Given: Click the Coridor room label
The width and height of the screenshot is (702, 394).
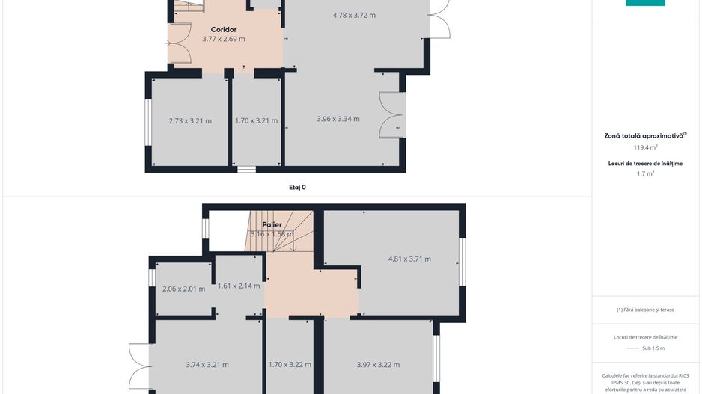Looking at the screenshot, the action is click(x=224, y=29).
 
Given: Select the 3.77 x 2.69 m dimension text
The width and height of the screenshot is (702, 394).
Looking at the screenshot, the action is click(x=224, y=39).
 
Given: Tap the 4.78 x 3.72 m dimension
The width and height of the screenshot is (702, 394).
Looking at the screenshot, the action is click(x=354, y=15).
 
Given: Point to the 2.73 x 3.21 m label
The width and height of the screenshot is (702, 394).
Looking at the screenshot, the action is click(x=190, y=121).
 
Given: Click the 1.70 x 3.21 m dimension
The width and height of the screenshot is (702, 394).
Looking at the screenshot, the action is click(x=256, y=121).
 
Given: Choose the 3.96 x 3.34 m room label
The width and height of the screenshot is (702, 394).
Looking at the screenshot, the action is click(x=338, y=119).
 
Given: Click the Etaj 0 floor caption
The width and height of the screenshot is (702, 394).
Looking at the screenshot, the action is click(x=297, y=188).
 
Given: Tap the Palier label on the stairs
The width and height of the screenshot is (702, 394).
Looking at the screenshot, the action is click(x=272, y=224).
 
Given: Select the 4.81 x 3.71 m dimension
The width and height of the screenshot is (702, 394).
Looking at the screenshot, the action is click(x=409, y=259).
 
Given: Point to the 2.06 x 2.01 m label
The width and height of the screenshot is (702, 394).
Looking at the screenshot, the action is click(x=183, y=289).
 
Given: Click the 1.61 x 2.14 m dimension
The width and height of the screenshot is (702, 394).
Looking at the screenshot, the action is click(x=239, y=286).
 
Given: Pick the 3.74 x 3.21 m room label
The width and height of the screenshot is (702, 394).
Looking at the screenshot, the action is click(x=207, y=365).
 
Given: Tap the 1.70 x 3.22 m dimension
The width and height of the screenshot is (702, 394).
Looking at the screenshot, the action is click(x=290, y=365).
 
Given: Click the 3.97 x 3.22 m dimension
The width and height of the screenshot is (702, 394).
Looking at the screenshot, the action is click(x=378, y=365).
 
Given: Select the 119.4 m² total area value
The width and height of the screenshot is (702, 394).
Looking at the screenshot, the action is click(x=646, y=147).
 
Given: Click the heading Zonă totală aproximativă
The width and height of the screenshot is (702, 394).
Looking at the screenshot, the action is click(x=644, y=135).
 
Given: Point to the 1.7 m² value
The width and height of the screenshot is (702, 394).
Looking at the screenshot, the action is click(x=646, y=173).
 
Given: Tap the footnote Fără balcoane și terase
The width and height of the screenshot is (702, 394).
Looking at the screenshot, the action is click(x=645, y=310).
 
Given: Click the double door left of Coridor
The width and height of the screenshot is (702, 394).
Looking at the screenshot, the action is click(x=179, y=43).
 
